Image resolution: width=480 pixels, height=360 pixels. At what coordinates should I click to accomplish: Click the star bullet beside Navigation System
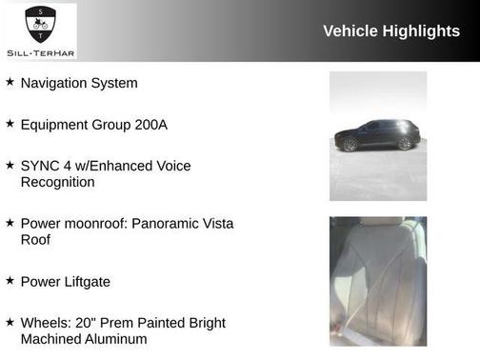click(x=10, y=83)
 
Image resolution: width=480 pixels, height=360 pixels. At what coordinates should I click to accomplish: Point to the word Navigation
click(x=54, y=83)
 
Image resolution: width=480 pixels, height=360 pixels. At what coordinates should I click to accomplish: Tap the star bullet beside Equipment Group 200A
click(x=10, y=124)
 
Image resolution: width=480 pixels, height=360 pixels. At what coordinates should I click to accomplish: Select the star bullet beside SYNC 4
click(x=10, y=165)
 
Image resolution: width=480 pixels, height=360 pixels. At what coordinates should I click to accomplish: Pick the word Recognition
click(x=58, y=182)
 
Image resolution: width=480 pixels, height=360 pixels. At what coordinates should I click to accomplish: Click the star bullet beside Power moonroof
click(x=10, y=223)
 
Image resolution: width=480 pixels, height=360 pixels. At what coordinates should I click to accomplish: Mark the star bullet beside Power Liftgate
click(x=10, y=281)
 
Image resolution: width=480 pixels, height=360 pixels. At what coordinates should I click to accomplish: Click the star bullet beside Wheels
click(x=10, y=322)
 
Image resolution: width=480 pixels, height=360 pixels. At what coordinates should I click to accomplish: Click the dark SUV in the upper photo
click(x=377, y=136)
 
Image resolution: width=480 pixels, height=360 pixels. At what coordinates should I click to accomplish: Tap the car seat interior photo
click(x=377, y=280)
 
